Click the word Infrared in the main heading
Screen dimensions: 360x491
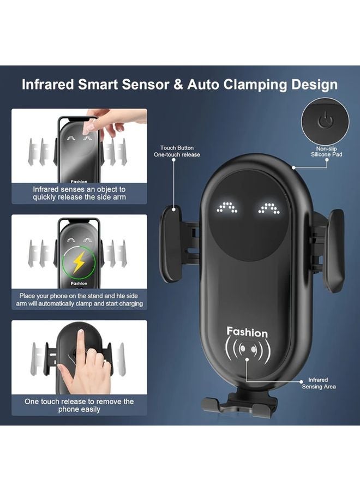pyautogui.click(x=48, y=85)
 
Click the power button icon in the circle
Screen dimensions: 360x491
pyautogui.click(x=326, y=121)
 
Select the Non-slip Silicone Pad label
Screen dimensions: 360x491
pyautogui.click(x=327, y=152)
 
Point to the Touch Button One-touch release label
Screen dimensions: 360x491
pyautogui.click(x=177, y=151)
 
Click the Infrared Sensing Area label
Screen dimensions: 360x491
pyautogui.click(x=319, y=384)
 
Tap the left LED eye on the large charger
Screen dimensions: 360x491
pyautogui.click(x=227, y=208)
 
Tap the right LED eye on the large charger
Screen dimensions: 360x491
pyautogui.click(x=268, y=208)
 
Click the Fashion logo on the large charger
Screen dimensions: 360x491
pyautogui.click(x=247, y=332)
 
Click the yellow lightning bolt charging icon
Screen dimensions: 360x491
pyautogui.click(x=79, y=262)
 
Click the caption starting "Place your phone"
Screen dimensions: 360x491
pyautogui.click(x=80, y=300)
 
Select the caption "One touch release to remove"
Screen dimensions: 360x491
pyautogui.click(x=79, y=405)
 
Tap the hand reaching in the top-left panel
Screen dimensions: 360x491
pyautogui.click(x=106, y=122)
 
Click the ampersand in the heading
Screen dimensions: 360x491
pyautogui.click(x=178, y=85)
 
